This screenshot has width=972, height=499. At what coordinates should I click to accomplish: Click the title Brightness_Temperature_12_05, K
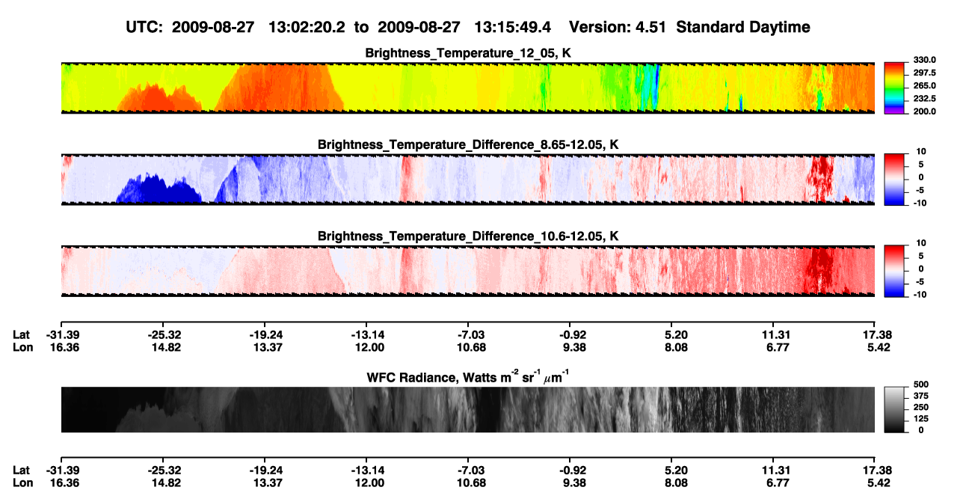(x=468, y=53)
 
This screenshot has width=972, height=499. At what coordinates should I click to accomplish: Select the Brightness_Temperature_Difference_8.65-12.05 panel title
(x=468, y=144)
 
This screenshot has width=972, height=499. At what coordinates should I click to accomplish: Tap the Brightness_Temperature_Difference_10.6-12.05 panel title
(x=468, y=236)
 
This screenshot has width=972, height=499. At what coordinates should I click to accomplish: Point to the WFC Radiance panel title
(x=468, y=376)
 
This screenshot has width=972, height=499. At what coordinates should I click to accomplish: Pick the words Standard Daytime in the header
(x=743, y=28)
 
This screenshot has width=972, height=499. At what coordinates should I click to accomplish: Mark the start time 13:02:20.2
(x=307, y=28)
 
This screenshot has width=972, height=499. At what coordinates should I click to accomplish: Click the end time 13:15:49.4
(x=512, y=28)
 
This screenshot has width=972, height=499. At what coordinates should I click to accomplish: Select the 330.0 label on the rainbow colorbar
(x=924, y=60)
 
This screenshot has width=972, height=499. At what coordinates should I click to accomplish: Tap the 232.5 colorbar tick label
(x=924, y=99)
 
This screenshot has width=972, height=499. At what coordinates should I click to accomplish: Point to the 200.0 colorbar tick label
(x=924, y=111)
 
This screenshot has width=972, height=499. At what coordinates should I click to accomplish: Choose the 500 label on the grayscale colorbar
(x=921, y=385)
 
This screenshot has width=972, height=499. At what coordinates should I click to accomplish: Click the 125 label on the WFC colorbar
(x=921, y=419)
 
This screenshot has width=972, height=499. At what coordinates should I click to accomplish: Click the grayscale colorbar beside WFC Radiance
(x=894, y=409)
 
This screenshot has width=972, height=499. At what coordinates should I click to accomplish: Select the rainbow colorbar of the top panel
(x=894, y=88)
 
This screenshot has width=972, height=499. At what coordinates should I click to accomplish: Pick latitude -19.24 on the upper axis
(x=266, y=335)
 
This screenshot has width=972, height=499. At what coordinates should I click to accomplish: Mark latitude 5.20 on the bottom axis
(x=676, y=471)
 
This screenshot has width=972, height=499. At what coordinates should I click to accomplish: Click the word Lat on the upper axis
(x=21, y=335)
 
